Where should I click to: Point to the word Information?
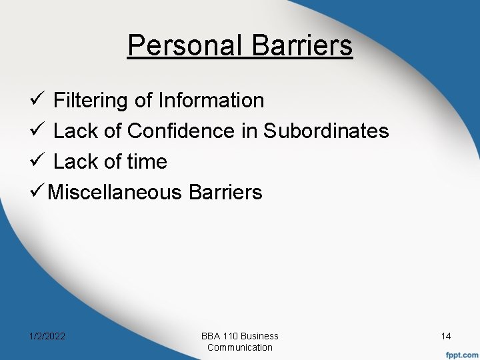(x=211, y=101)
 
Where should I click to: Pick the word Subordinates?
(x=326, y=131)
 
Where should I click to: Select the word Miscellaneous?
(x=115, y=193)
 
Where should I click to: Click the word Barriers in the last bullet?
(x=226, y=193)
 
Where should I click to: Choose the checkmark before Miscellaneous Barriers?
(x=39, y=193)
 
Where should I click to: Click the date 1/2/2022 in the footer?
(x=47, y=337)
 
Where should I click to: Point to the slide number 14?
(x=447, y=337)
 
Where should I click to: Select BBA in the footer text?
(x=211, y=336)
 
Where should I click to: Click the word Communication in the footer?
(x=240, y=347)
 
